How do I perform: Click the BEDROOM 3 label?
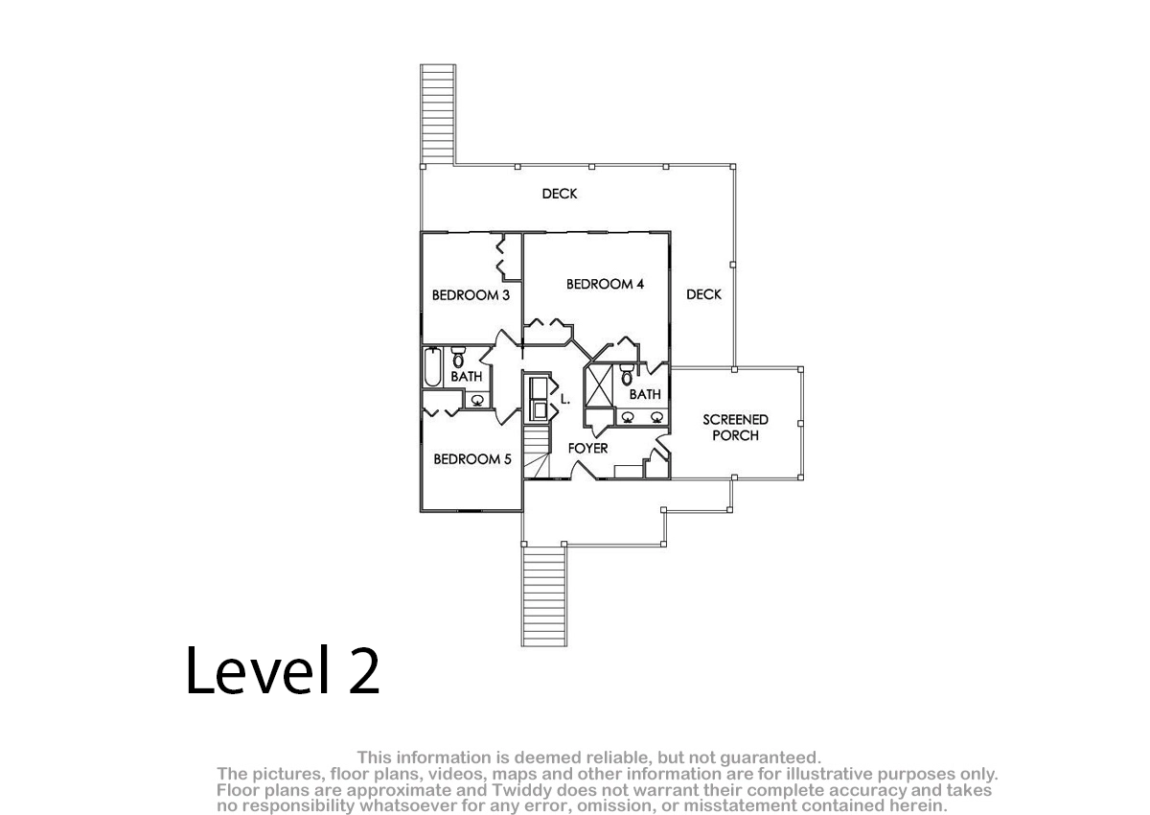click(x=471, y=295)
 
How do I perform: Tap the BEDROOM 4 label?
click(x=605, y=284)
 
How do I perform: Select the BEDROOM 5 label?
click(x=472, y=459)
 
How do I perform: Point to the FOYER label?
click(x=587, y=449)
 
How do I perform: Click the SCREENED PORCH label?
click(x=735, y=428)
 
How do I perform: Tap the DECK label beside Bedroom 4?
click(x=703, y=294)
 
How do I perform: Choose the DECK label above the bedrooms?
click(x=560, y=194)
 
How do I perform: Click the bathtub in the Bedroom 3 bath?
click(x=433, y=366)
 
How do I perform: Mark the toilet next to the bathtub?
click(x=458, y=357)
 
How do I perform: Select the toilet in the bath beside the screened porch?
click(x=627, y=374)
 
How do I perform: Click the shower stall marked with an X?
click(x=599, y=385)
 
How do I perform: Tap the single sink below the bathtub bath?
click(x=477, y=400)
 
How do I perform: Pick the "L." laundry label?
click(x=565, y=399)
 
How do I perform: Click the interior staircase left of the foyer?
click(x=537, y=453)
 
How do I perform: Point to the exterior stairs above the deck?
click(x=438, y=114)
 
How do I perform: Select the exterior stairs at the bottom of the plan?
click(x=544, y=595)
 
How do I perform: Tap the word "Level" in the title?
click(x=257, y=670)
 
